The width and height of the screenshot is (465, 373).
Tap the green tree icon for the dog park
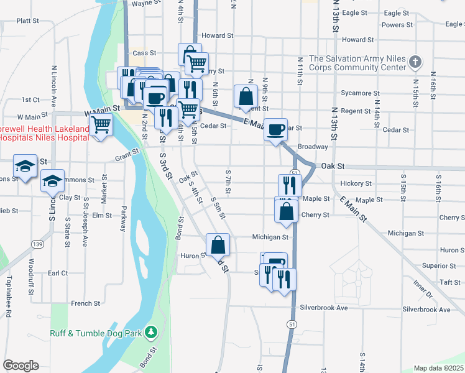(150, 333)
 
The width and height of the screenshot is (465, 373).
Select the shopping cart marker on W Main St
(101, 124)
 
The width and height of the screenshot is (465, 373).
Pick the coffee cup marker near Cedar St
(275, 129)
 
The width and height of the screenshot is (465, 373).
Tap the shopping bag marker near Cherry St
(285, 211)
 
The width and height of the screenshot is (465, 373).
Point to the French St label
(86, 303)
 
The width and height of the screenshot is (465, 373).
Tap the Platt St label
(28, 21)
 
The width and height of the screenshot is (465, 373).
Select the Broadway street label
(313, 147)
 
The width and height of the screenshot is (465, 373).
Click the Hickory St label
(356, 183)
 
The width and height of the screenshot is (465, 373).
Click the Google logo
(21, 366)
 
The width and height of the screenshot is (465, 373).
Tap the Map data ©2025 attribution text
(439, 368)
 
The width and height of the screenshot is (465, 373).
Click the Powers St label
(397, 25)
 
